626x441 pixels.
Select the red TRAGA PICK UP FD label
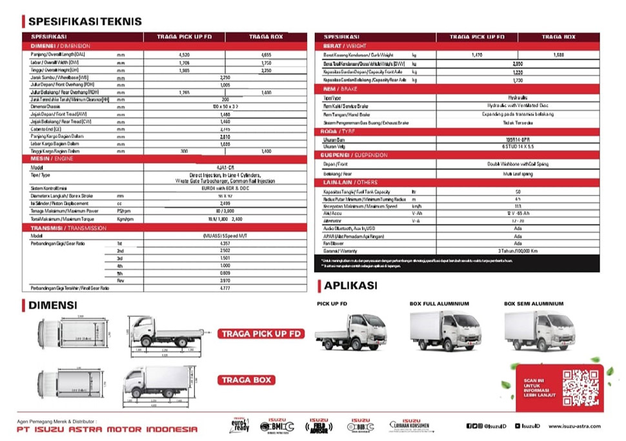click(261, 334)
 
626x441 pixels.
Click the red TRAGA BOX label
click(245, 380)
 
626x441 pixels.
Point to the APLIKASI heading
click(350, 285)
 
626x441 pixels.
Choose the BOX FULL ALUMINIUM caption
click(439, 303)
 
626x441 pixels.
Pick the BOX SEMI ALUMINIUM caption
click(533, 303)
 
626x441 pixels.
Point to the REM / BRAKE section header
click(339, 88)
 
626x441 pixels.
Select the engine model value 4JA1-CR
click(225, 166)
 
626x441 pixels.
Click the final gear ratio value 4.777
click(225, 288)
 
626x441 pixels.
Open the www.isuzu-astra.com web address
click(574, 426)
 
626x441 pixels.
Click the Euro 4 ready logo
click(239, 426)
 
